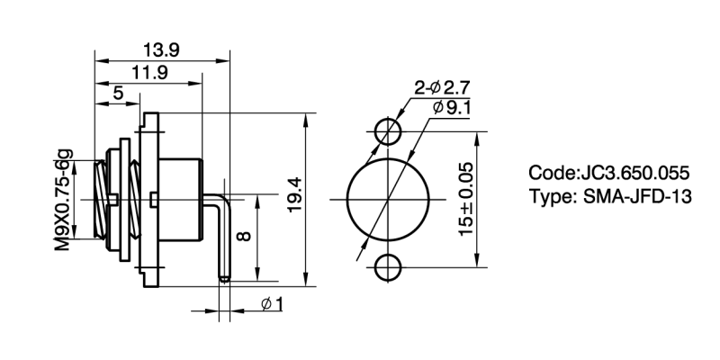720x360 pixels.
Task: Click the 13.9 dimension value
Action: (162, 50)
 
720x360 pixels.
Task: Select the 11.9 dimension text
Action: (149, 73)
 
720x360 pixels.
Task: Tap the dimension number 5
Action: (119, 94)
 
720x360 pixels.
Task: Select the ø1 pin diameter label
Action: (272, 304)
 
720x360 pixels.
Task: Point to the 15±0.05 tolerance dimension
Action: (467, 199)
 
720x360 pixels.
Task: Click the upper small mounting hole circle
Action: (389, 131)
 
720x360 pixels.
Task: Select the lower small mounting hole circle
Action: (389, 266)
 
